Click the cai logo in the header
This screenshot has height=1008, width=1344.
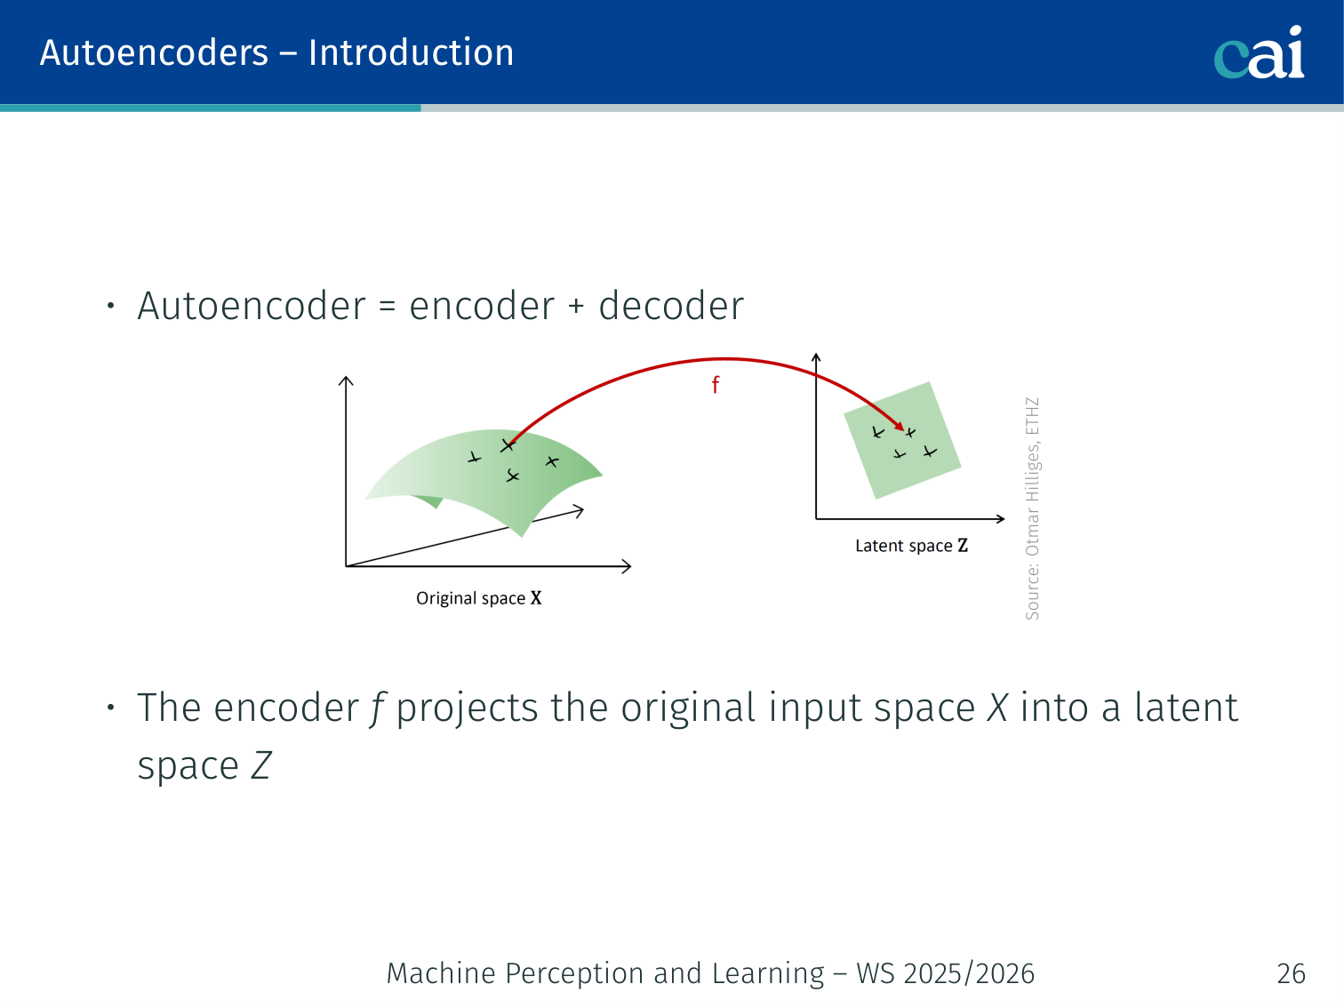1259,52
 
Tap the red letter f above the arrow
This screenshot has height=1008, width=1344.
716,384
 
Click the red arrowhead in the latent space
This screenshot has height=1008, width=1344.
899,426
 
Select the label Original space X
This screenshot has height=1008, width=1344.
479,598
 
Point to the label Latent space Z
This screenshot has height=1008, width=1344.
912,545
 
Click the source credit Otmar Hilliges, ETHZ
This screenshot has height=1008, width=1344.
1032,508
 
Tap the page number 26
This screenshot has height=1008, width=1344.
1292,973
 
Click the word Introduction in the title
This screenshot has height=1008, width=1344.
411,52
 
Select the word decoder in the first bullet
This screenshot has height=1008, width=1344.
671,306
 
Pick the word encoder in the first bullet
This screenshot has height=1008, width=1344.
482,306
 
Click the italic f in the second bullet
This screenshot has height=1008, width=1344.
376,708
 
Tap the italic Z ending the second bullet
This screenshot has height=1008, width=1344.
260,765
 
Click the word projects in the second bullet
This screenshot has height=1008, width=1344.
468,708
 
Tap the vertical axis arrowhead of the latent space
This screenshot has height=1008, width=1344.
816,356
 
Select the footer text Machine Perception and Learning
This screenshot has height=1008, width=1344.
605,973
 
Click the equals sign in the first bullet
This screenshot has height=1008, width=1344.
387,306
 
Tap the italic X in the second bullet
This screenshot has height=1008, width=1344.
997,708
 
